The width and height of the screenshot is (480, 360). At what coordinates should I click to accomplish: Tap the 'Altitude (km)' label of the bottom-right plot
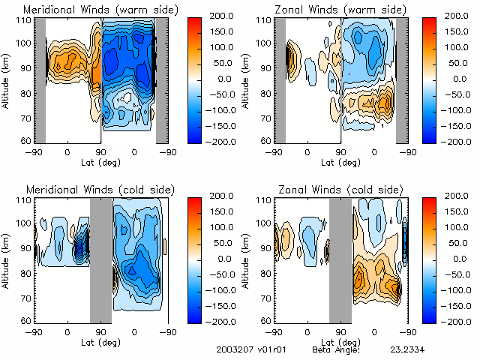click(x=245, y=259)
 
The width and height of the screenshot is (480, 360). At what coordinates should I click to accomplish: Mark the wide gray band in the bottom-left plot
click(x=100, y=259)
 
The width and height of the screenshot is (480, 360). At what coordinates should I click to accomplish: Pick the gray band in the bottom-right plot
click(x=340, y=259)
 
